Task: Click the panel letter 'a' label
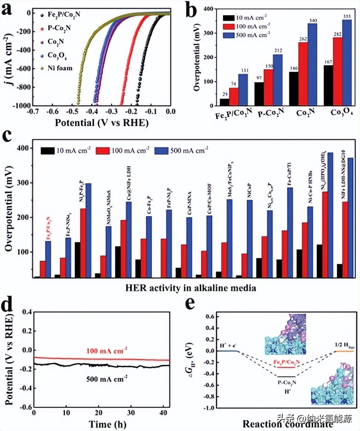(x=9, y=9)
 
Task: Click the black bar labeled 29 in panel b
(x=224, y=102)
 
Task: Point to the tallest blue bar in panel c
(x=330, y=215)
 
